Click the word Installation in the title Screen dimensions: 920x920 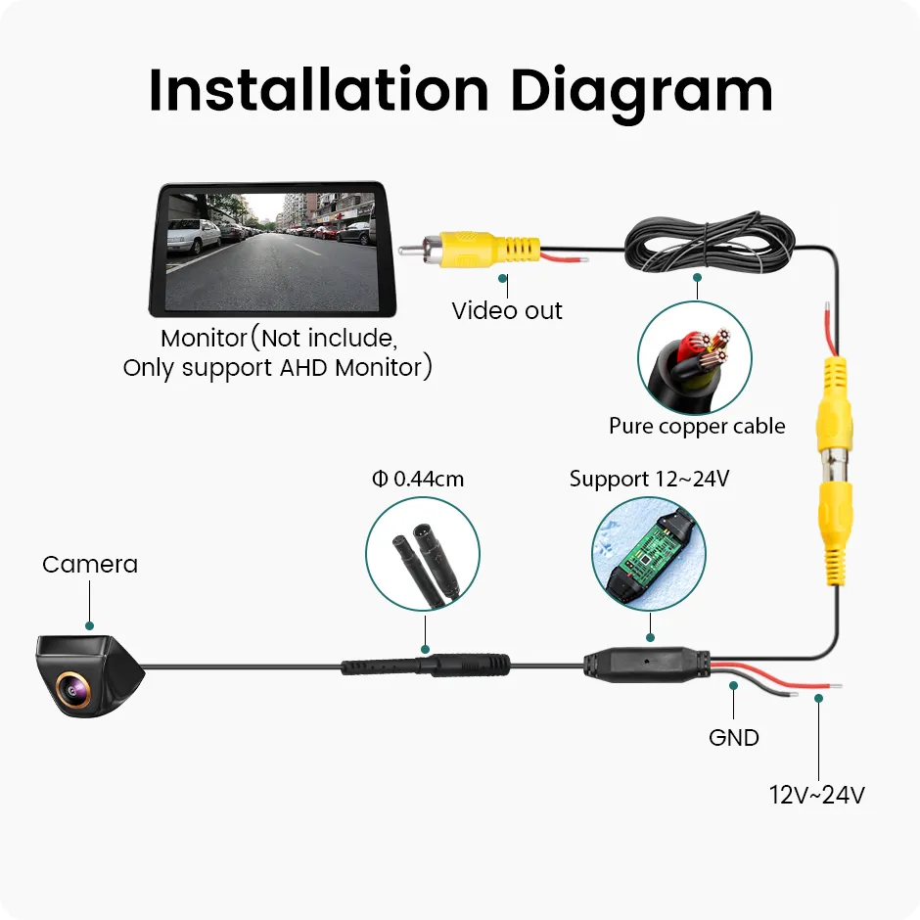click(319, 90)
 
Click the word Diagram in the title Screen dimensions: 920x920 click(641, 94)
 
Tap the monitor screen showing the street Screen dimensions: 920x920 click(272, 252)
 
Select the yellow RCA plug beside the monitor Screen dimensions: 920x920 click(482, 249)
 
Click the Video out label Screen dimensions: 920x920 click(507, 310)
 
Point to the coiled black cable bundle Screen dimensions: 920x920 click(710, 244)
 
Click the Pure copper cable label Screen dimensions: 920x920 click(697, 426)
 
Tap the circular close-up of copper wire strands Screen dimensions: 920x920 click(695, 358)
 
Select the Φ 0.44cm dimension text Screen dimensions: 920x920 click(418, 479)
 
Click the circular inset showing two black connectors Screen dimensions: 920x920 click(423, 553)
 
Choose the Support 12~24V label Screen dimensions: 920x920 click(649, 479)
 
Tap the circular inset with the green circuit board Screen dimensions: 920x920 click(648, 553)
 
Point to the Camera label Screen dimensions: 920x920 click(90, 565)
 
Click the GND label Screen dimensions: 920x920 click(733, 738)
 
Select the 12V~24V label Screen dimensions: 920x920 click(816, 795)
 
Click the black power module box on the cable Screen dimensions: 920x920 click(647, 665)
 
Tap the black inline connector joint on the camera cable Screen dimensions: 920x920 click(426, 666)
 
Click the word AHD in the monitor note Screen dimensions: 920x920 click(304, 368)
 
